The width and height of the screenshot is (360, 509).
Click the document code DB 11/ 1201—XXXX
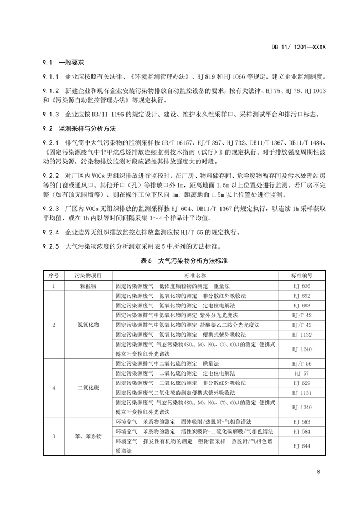click(299, 48)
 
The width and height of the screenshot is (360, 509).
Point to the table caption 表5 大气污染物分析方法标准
click(181, 260)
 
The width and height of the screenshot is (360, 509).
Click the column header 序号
click(53, 275)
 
